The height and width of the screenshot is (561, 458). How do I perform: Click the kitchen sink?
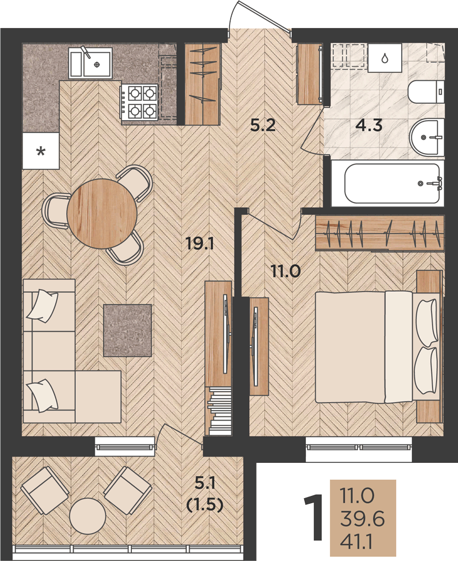click(x=90, y=63)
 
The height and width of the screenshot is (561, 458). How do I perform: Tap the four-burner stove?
click(x=140, y=102)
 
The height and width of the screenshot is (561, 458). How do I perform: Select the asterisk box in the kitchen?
click(x=40, y=150)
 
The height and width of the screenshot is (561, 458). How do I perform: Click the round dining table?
click(x=102, y=213)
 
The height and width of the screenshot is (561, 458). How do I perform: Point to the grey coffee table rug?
click(x=127, y=330)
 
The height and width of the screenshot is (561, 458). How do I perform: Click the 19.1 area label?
click(x=200, y=244)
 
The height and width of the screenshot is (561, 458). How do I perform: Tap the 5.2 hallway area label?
click(x=263, y=126)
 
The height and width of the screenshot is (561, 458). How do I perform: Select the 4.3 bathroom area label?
click(x=369, y=126)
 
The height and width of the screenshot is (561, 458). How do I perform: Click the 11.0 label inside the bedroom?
click(x=286, y=272)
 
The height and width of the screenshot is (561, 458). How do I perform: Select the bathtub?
click(x=392, y=183)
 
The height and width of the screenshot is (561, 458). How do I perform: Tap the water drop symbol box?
click(x=384, y=58)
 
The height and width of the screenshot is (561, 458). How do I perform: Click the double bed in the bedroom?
click(x=378, y=347)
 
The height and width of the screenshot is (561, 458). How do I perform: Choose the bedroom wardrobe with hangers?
click(x=379, y=233)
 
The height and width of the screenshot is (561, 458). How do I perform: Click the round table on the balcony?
click(x=88, y=517)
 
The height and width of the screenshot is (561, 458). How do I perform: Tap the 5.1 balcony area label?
click(x=205, y=484)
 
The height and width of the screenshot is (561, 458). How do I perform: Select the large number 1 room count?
click(x=313, y=517)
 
